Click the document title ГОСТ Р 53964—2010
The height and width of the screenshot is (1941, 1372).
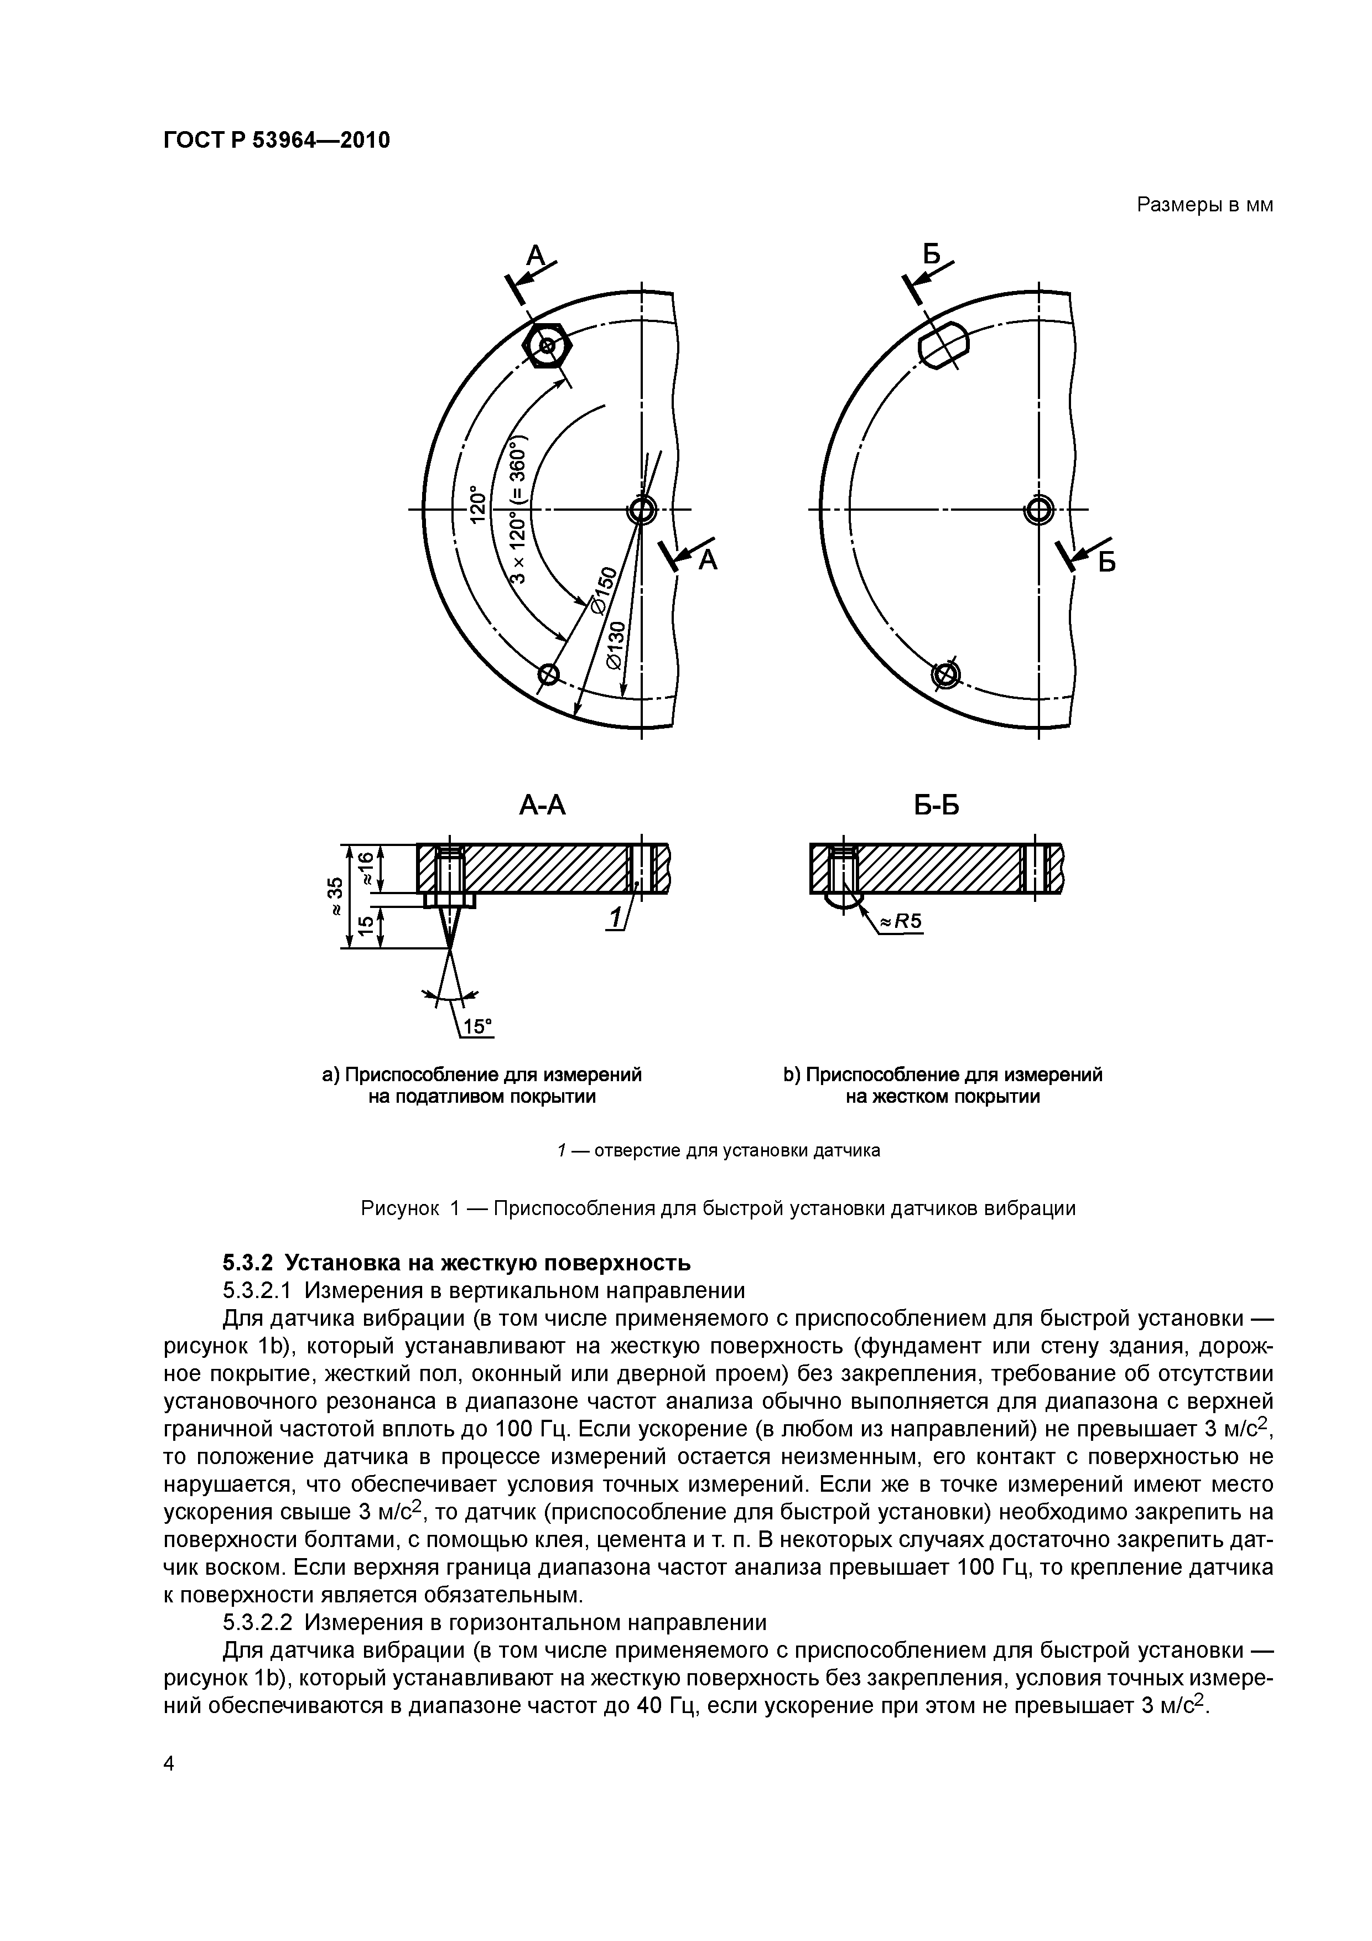tap(277, 141)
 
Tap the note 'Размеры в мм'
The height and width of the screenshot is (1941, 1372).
tap(1204, 205)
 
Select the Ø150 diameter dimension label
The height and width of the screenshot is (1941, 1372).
tap(601, 593)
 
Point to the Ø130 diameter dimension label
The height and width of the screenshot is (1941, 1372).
tap(617, 645)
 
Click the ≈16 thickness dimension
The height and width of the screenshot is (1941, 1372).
tap(365, 868)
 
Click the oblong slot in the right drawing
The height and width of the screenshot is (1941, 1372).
tap(943, 345)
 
